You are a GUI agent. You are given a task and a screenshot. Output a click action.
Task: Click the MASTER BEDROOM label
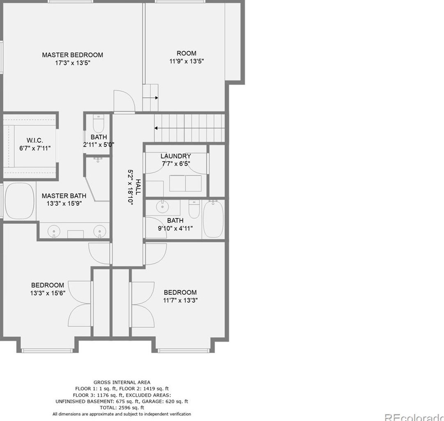[72, 55]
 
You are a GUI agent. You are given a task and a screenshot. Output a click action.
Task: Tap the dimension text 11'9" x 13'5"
[186, 61]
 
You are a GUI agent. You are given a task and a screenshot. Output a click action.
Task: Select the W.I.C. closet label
[35, 140]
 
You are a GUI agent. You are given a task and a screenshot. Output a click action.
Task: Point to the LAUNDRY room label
[176, 156]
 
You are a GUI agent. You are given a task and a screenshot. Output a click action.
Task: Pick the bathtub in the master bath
[19, 201]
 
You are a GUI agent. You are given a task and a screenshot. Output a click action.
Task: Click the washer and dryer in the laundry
[185, 183]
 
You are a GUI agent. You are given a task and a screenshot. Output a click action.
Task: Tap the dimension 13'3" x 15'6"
[48, 293]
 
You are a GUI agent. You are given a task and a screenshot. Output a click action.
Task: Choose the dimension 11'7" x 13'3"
[180, 300]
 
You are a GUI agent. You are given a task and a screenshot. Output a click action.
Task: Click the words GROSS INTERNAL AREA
[122, 382]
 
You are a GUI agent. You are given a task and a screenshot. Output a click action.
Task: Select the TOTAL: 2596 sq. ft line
[122, 407]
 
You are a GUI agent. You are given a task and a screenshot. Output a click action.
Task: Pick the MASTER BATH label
[64, 196]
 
